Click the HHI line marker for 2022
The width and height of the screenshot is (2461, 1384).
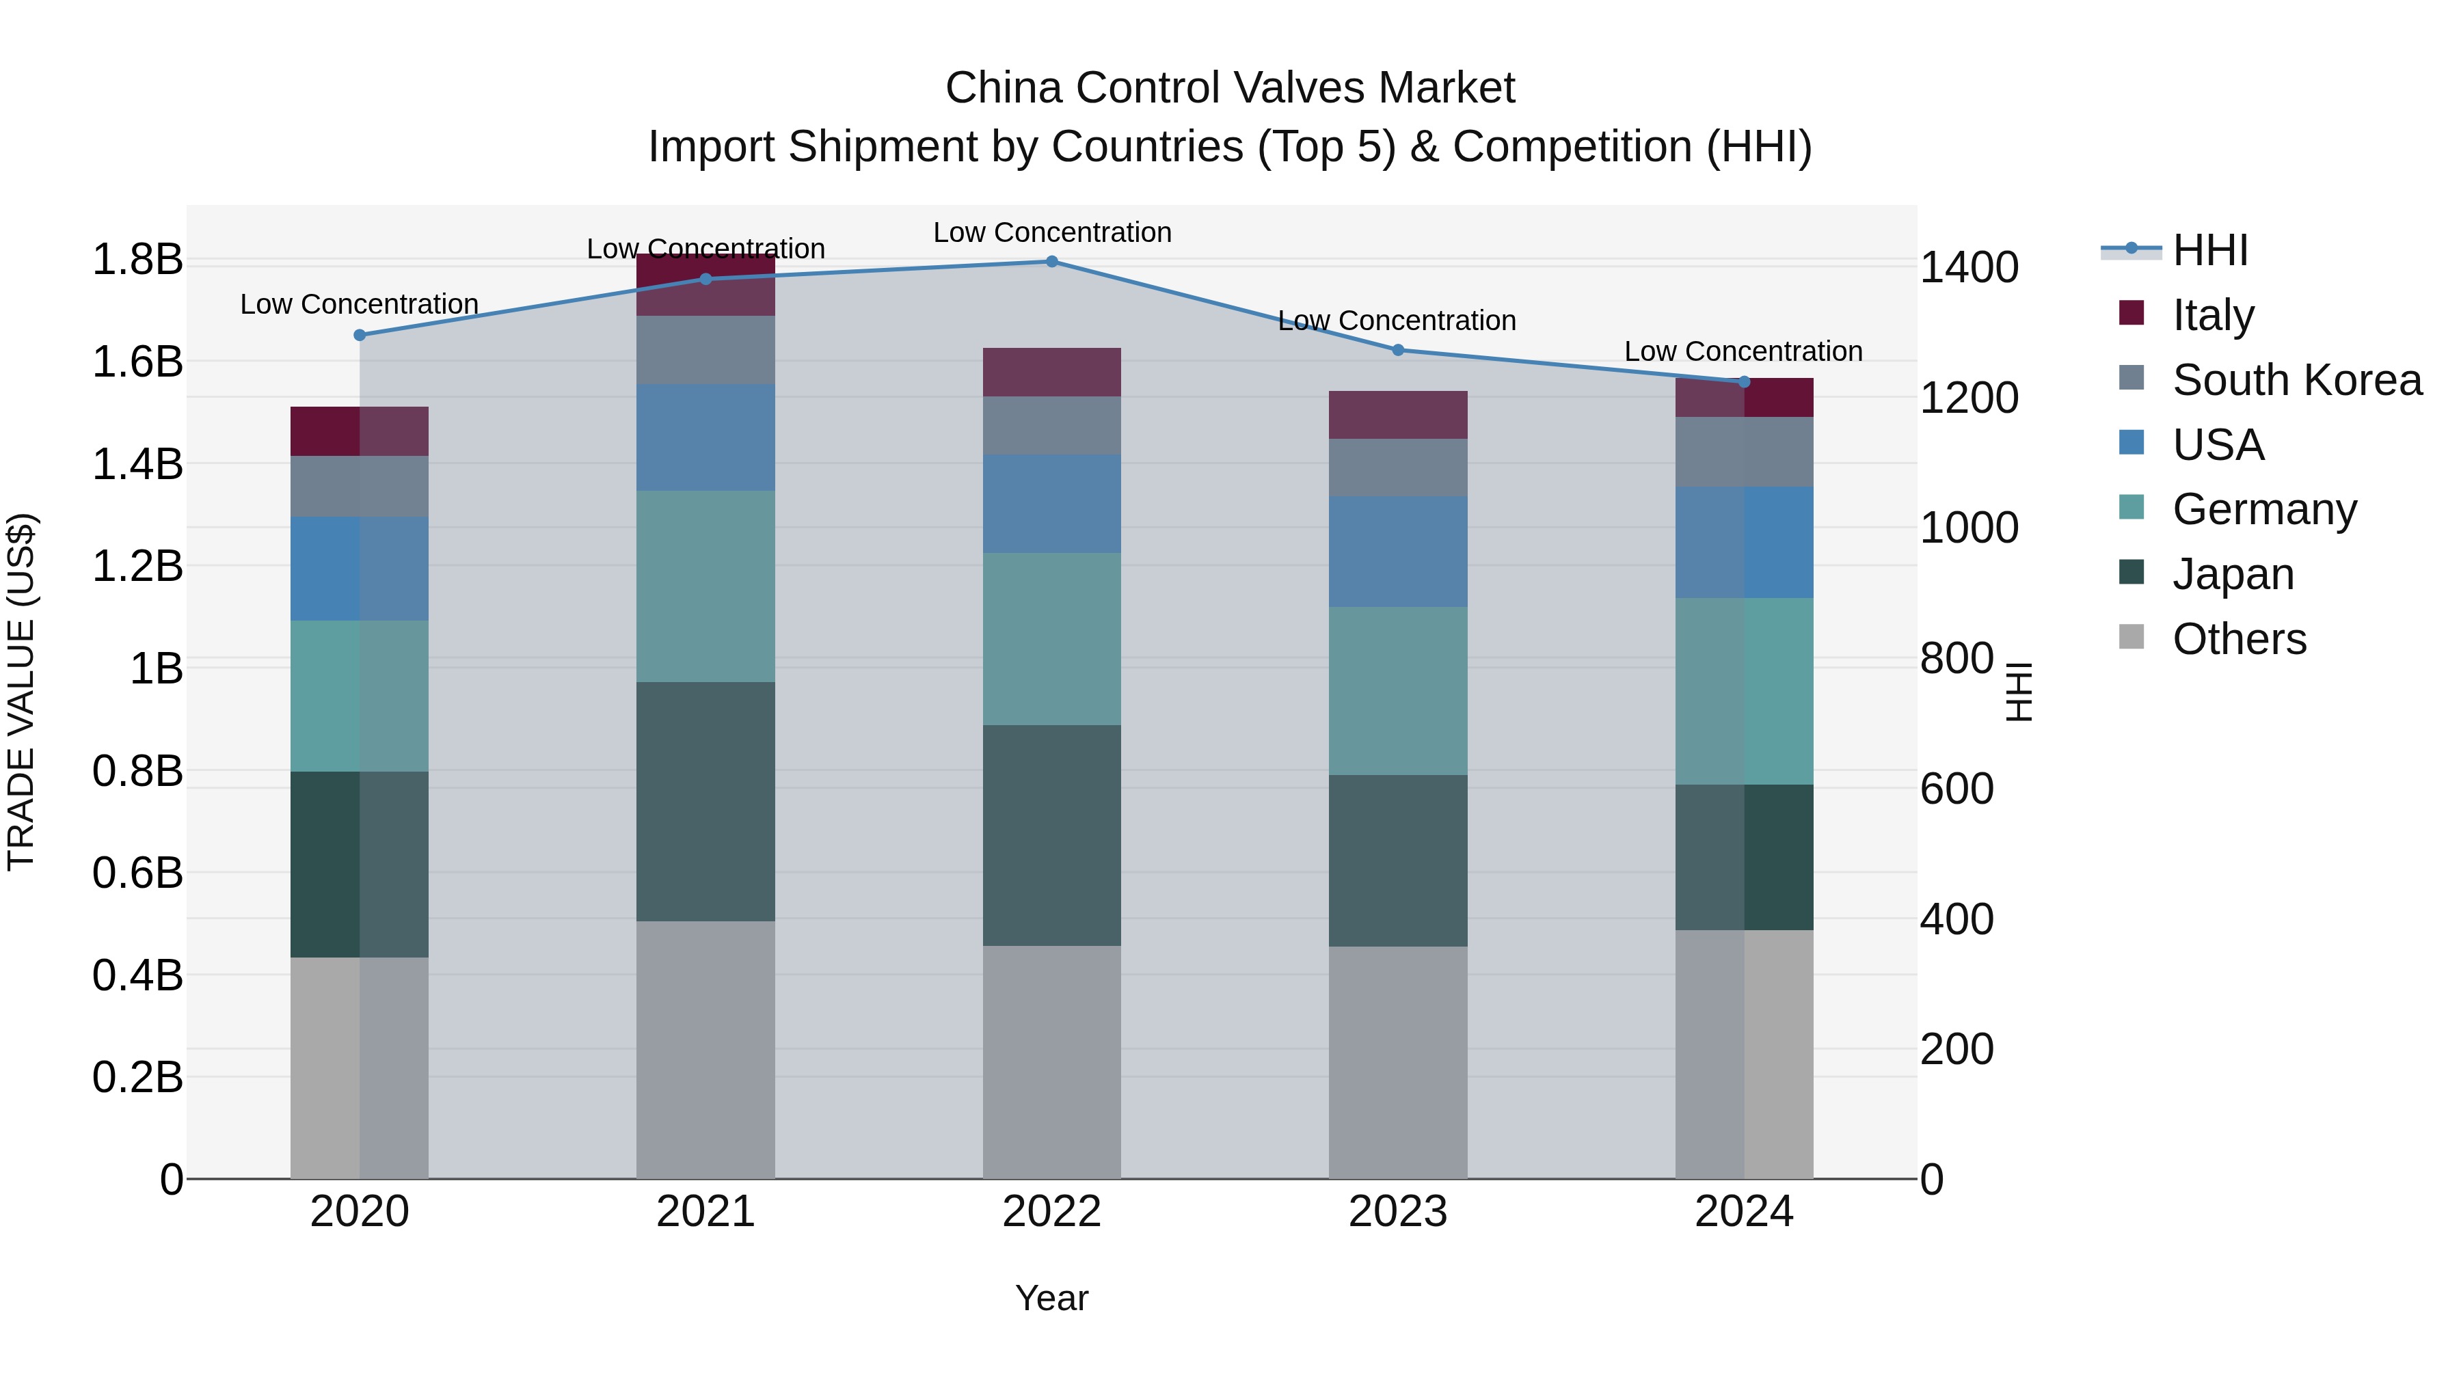click(1052, 262)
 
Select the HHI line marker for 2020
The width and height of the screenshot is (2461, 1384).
click(359, 336)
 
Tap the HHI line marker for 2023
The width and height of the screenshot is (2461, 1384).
click(1398, 351)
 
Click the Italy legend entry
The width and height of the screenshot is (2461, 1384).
click(2213, 315)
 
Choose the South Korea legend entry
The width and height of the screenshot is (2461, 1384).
click(2297, 380)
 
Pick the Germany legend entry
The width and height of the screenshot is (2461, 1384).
click(2264, 509)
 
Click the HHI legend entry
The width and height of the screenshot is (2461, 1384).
click(2209, 250)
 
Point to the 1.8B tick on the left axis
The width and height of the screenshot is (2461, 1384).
click(137, 260)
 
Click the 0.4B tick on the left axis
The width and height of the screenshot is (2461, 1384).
click(137, 975)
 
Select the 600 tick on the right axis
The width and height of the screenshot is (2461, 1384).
click(1956, 789)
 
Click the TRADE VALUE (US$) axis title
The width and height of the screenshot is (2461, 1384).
click(21, 692)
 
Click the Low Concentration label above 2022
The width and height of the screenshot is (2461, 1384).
click(1052, 232)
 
